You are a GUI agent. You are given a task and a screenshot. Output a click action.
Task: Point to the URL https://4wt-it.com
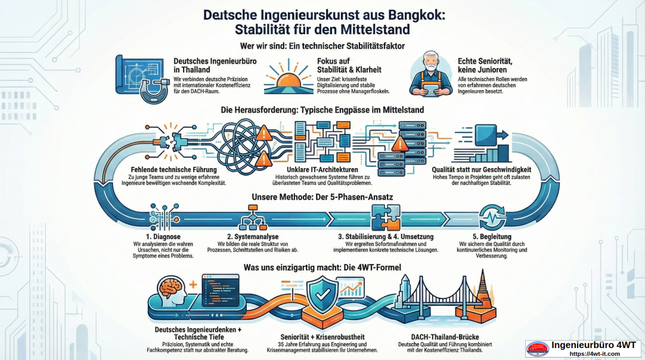pyautogui.click(x=594, y=354)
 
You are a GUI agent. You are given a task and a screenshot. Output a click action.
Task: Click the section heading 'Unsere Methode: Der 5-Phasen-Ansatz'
pyautogui.click(x=322, y=197)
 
